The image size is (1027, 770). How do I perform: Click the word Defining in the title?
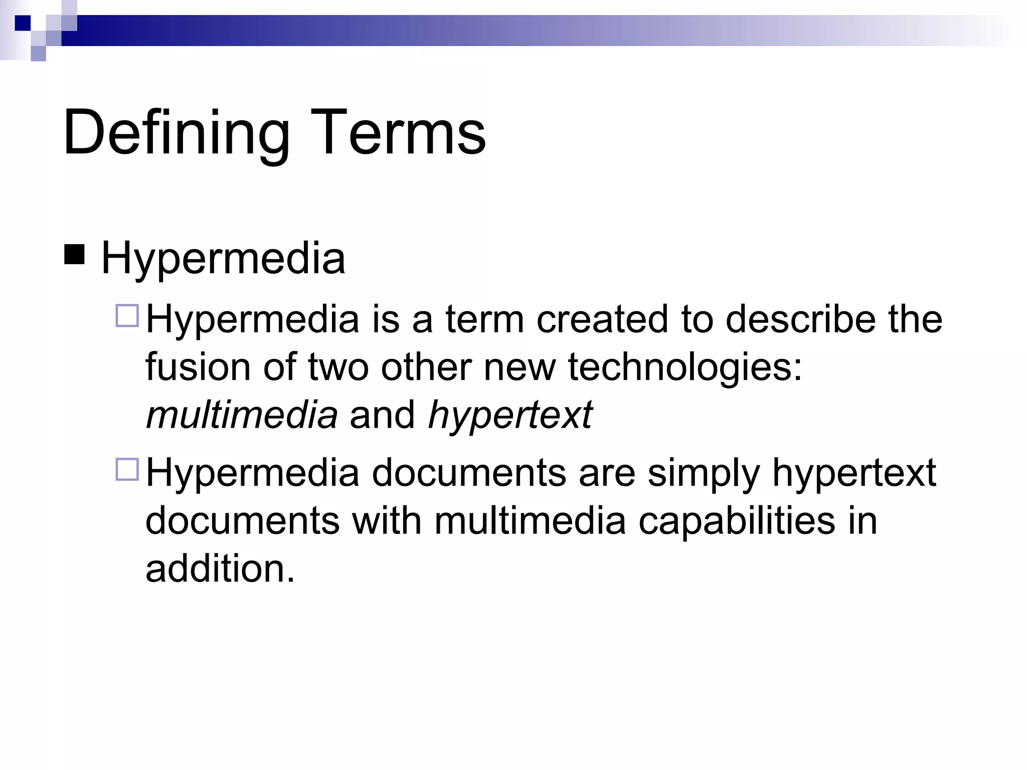point(176,133)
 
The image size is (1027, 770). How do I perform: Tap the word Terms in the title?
point(399,133)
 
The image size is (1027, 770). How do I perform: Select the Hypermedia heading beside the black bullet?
point(223,259)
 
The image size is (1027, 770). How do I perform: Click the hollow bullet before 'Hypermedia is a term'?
point(127,316)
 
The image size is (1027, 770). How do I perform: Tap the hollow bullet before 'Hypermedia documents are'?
point(127,470)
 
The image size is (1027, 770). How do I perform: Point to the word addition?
point(220,569)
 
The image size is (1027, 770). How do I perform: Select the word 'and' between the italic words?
point(382,415)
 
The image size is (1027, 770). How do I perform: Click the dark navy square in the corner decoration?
point(22,23)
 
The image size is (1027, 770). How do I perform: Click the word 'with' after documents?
point(387,521)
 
